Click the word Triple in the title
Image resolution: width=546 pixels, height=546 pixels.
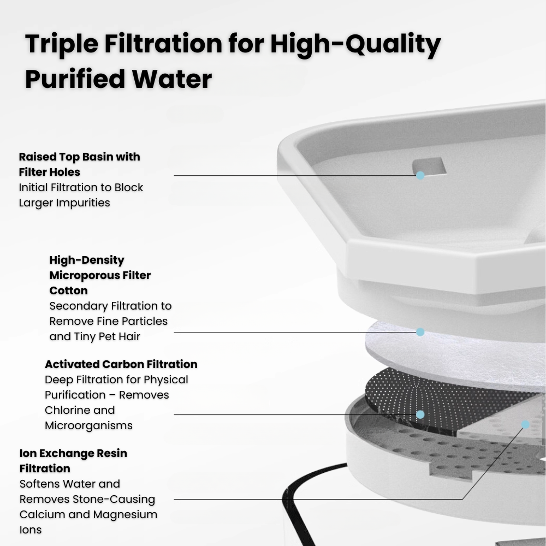point(62,44)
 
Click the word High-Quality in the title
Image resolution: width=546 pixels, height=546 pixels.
point(355,45)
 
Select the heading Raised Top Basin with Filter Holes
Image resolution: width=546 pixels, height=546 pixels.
point(79,164)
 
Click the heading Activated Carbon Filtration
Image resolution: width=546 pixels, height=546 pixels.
point(121,364)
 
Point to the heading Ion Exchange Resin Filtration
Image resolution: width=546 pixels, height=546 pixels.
point(74,461)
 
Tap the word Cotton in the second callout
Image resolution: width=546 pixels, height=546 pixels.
point(69,290)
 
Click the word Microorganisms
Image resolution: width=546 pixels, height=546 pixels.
point(89,425)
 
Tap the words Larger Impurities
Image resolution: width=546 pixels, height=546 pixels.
point(64,203)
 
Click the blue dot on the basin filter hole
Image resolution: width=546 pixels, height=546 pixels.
point(420,175)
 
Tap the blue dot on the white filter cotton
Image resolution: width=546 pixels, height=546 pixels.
point(420,332)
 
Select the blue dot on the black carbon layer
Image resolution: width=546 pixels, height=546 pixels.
point(420,415)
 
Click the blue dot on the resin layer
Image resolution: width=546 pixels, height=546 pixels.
point(525,424)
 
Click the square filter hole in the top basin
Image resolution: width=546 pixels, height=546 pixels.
point(429,166)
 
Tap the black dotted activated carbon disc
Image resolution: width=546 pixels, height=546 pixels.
point(435,400)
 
